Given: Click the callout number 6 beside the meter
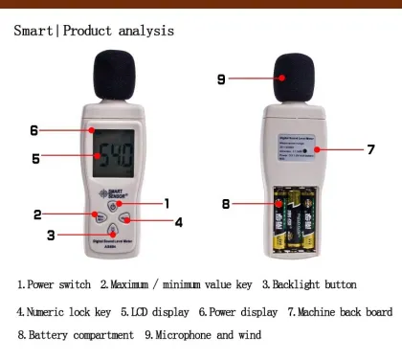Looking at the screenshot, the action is click(33, 130).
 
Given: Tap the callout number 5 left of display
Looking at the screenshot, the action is click(36, 158).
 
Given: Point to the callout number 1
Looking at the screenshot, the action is click(166, 203).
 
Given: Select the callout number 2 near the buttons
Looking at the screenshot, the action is click(37, 214).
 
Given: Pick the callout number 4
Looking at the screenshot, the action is click(178, 221).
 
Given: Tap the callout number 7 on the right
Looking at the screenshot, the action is click(369, 149).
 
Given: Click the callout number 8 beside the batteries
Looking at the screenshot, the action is click(226, 203).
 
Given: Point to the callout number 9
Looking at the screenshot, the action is click(221, 79).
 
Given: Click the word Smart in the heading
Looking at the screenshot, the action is click(34, 31).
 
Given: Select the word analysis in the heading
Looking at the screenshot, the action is click(143, 31).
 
